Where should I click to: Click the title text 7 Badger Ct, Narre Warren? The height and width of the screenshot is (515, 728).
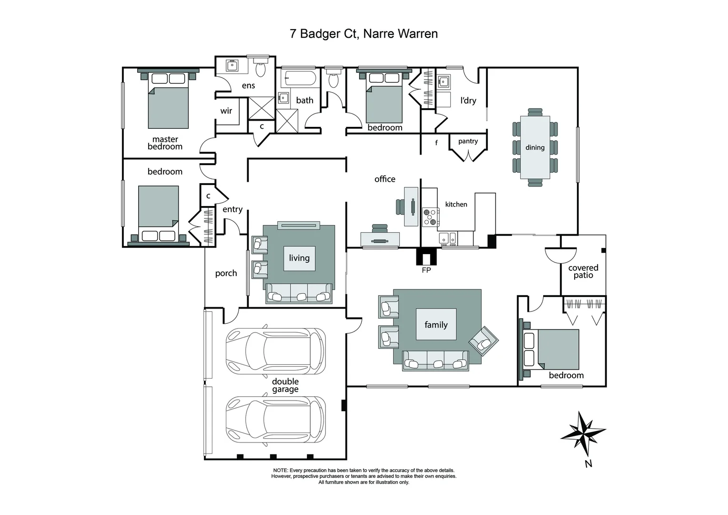click(x=364, y=34)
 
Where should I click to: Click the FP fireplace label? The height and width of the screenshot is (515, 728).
click(x=426, y=270)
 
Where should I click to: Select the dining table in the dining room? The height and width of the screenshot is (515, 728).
click(x=535, y=147)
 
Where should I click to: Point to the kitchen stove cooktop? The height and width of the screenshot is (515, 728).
click(x=430, y=216)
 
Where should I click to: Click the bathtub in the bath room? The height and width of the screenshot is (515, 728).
click(x=298, y=79)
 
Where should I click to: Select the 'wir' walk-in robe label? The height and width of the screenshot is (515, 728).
click(x=226, y=111)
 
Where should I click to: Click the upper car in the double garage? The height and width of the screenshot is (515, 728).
click(x=275, y=351)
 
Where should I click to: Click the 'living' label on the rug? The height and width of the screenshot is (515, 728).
click(x=299, y=258)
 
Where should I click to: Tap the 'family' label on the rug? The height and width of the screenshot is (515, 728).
click(x=436, y=325)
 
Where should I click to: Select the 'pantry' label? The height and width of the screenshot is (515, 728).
click(x=468, y=141)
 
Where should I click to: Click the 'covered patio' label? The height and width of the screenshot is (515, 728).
click(x=583, y=271)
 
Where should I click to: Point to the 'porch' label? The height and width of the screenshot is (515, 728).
click(x=226, y=273)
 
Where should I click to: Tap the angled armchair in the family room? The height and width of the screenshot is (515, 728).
click(x=484, y=341)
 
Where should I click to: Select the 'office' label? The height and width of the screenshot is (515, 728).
click(x=385, y=179)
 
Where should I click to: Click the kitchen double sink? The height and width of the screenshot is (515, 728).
click(x=447, y=237)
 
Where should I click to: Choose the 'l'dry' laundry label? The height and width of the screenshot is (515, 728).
click(x=468, y=100)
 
